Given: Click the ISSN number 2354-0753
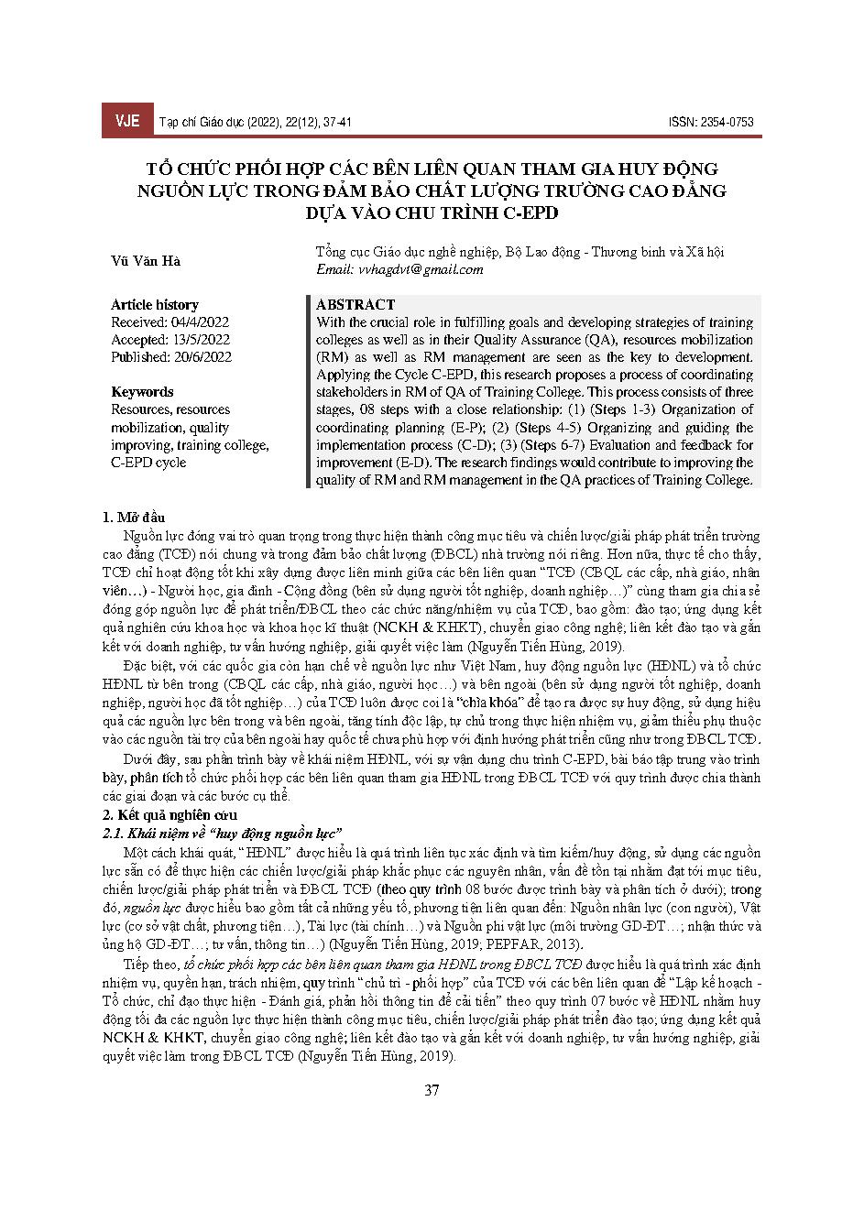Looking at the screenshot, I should click(727, 122).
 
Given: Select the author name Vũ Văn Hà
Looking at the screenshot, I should click(146, 261).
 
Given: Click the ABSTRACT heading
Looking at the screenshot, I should click(355, 304).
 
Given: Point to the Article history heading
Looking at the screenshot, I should click(155, 304).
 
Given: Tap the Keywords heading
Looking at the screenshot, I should click(142, 392).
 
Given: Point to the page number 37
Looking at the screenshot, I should click(432, 1090).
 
